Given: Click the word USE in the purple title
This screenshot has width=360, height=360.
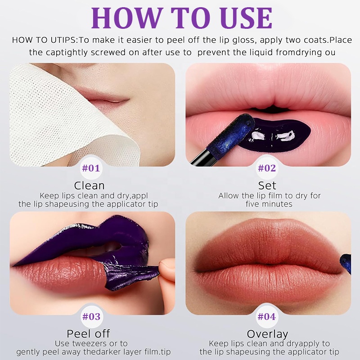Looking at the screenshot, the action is pyautogui.click(x=246, y=18).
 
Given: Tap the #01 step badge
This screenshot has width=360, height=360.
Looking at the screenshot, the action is pyautogui.click(x=91, y=168).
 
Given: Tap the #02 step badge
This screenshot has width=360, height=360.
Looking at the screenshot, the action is pyautogui.click(x=267, y=168).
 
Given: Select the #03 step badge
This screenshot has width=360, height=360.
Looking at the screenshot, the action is pyautogui.click(x=91, y=317).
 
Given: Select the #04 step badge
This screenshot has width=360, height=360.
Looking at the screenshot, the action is pyautogui.click(x=267, y=317).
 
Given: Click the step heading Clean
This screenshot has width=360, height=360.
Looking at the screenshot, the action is pyautogui.click(x=89, y=185).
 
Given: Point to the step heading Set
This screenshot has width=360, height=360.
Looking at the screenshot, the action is pyautogui.click(x=267, y=185).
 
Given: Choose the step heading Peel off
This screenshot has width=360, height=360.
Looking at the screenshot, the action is pyautogui.click(x=88, y=334).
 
